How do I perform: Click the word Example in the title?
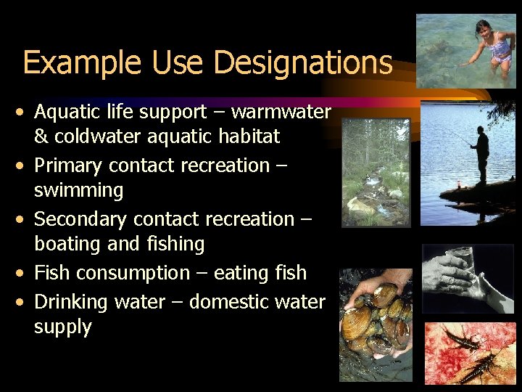coord(83,64)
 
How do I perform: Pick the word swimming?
coord(79,191)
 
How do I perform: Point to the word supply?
coord(63,327)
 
